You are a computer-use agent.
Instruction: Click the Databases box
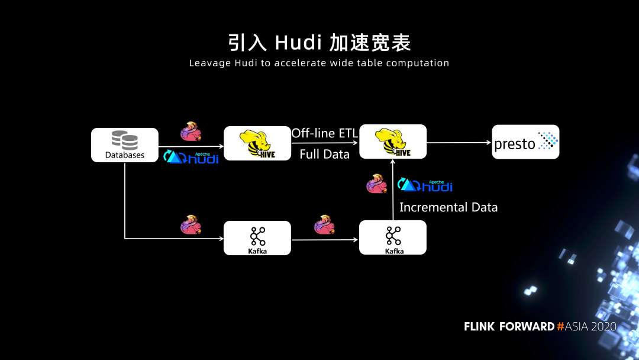pos(125,144)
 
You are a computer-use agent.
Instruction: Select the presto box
pos(525,142)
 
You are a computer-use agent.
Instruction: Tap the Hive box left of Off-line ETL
pos(257,143)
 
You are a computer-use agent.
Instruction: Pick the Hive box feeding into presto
pos(393,142)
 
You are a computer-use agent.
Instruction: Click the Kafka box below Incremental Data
pos(393,237)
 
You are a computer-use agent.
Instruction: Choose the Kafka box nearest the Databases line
pos(257,238)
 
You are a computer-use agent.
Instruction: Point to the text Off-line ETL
pos(324,133)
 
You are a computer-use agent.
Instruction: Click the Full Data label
pos(324,155)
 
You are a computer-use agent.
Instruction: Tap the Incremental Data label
pos(448,207)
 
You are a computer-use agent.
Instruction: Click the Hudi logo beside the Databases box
pos(191,157)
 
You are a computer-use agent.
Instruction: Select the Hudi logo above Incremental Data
pos(425,185)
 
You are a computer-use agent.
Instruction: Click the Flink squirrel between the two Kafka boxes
pos(324,224)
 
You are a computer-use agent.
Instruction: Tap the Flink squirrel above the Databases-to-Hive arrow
pos(191,131)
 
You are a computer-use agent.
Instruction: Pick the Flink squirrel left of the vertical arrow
pos(376,184)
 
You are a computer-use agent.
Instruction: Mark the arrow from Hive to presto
pos(459,142)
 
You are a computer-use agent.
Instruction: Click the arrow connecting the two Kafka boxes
pos(325,240)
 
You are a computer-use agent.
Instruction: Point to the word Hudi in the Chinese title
pos(298,43)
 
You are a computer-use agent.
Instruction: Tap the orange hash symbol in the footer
pos(560,327)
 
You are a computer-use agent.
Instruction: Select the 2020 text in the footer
pos(603,327)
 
